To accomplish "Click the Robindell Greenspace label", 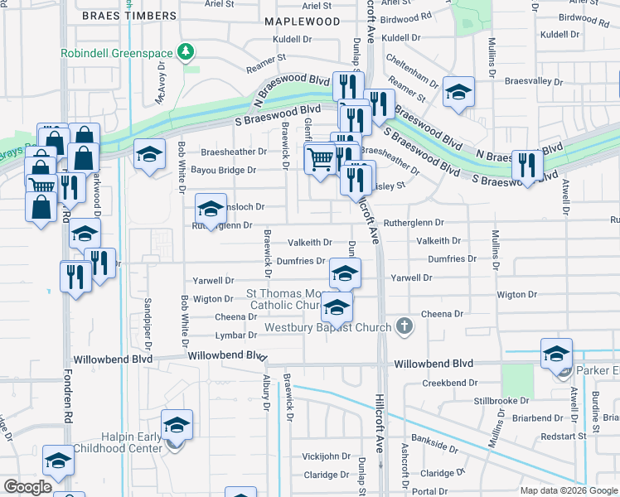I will point(116,53).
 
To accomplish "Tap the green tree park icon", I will point(187,53).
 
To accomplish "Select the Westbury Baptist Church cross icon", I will point(404,326).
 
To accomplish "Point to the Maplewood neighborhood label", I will point(302,20).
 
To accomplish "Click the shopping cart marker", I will point(320,157).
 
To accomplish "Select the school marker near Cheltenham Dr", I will point(458,94).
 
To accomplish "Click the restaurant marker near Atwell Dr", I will point(527,165).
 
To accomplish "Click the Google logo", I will point(27,488).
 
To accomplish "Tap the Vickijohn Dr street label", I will point(327,456).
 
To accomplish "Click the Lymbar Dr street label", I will point(235,335).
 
